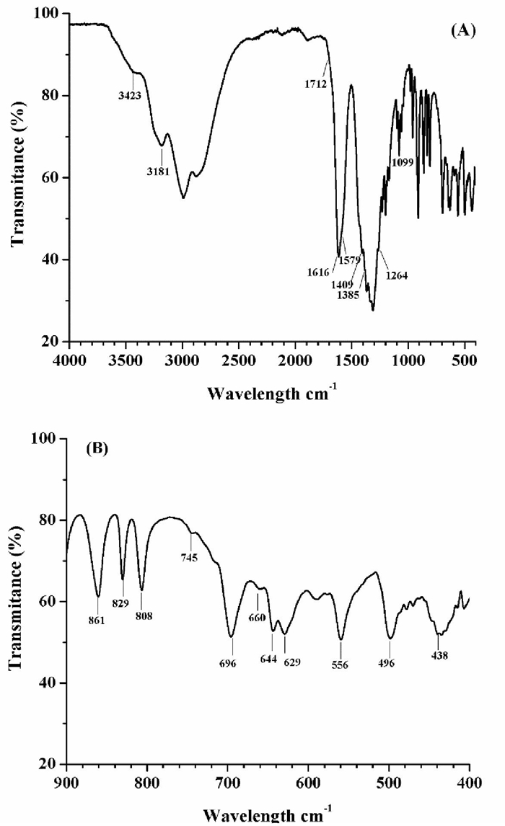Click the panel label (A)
[462, 32]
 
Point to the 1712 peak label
[317, 84]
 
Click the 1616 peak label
[317, 272]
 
